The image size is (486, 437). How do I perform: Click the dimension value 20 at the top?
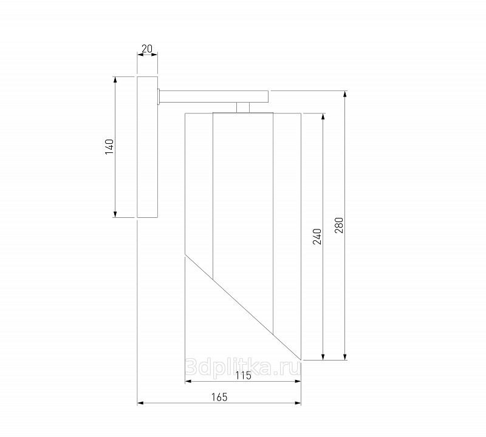147,49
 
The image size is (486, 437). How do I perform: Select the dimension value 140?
110,147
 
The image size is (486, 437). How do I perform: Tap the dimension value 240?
317,237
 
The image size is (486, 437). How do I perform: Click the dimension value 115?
244,376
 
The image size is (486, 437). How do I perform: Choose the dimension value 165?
219,397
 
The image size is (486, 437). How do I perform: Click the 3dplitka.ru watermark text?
242,367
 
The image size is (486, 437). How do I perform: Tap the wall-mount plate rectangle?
148,147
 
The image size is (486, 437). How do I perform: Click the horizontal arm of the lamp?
214,97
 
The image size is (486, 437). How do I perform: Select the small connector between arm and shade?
243,108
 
